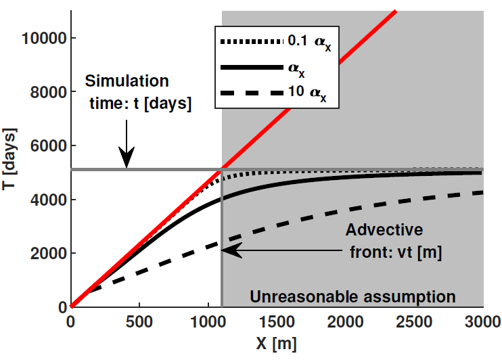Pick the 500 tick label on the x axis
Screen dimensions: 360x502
coord(139,321)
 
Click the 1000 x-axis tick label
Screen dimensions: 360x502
coord(208,321)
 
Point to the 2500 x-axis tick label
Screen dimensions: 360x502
coord(413,321)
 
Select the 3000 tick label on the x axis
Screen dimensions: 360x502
coord(482,321)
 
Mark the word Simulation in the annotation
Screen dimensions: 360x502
coord(128,81)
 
